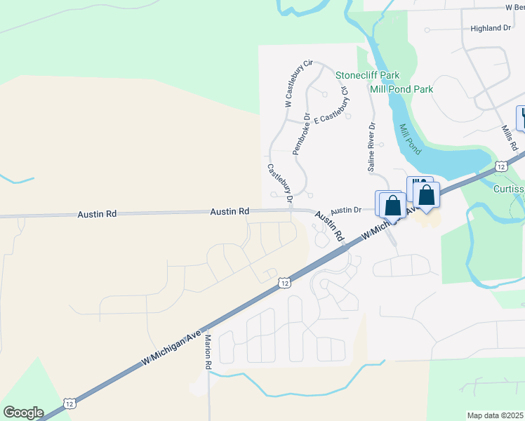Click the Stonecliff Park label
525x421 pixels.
click(x=367, y=75)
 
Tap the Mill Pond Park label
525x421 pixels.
click(x=401, y=89)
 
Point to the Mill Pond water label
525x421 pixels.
click(x=411, y=140)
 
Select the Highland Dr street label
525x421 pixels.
click(x=491, y=28)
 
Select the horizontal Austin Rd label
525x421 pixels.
click(x=230, y=211)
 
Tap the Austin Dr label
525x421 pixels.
click(x=345, y=210)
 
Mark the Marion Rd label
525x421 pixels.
click(x=208, y=351)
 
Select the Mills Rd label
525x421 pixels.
click(x=510, y=138)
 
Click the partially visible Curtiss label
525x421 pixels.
click(x=509, y=189)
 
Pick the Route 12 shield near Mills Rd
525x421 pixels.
click(x=500, y=166)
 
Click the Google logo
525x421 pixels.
click(x=23, y=413)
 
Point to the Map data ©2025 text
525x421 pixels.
click(x=495, y=415)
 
